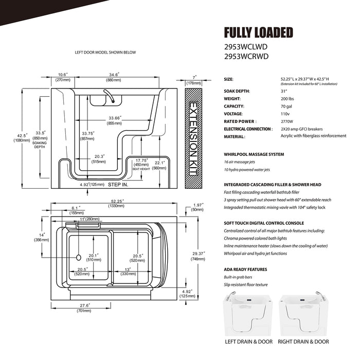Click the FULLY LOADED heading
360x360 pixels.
tap(258, 33)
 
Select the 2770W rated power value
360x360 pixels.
tap(286, 121)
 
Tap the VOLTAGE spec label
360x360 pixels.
tap(234, 114)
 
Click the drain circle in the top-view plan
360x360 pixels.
tap(78, 256)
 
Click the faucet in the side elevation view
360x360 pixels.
tap(107, 96)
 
